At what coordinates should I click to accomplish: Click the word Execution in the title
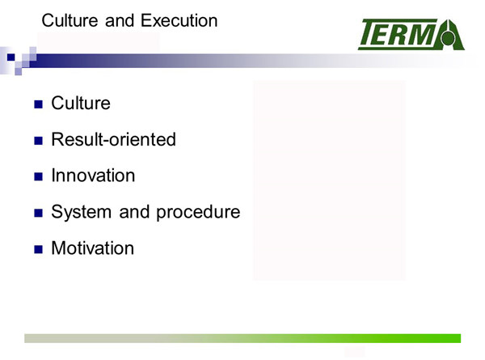tap(179, 21)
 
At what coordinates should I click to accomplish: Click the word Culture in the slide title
tap(70, 21)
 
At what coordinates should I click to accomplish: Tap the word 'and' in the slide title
tap(120, 21)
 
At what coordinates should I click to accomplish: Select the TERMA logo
tap(411, 34)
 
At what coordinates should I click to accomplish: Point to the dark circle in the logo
tap(448, 38)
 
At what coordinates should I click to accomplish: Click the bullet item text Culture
tap(81, 103)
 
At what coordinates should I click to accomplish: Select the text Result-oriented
tap(113, 139)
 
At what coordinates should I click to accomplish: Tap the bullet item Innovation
tap(93, 176)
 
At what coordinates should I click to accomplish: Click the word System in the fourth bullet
tap(82, 213)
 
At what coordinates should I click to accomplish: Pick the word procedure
tap(198, 213)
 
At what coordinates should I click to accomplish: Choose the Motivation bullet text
tap(92, 248)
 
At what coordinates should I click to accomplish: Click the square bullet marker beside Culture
tap(38, 104)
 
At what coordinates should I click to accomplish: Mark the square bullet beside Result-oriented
tap(38, 141)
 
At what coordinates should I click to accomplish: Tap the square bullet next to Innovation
tap(38, 176)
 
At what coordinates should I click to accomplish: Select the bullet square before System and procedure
tap(38, 213)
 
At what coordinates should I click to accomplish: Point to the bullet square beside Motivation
tap(38, 249)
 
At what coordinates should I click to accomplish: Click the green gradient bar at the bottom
tap(242, 338)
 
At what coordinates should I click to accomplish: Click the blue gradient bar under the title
tap(247, 61)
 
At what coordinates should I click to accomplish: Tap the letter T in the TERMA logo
tap(370, 32)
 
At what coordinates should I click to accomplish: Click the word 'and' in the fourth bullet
tap(133, 213)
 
